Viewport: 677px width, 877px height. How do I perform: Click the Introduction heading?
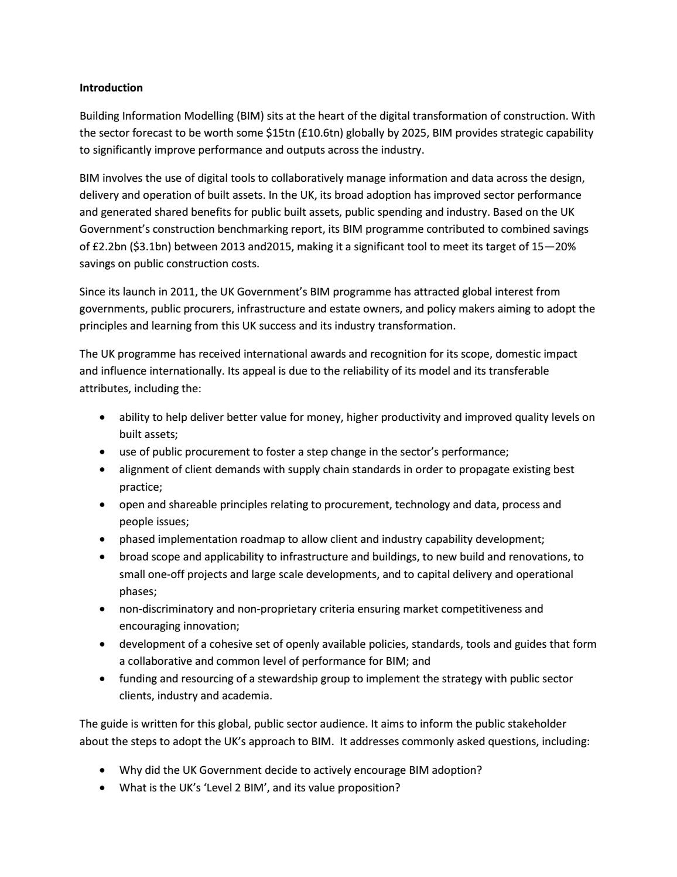pyautogui.click(x=111, y=88)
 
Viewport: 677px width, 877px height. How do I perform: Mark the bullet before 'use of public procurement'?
pyautogui.click(x=103, y=453)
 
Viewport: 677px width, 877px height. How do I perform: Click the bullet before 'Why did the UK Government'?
pyautogui.click(x=103, y=771)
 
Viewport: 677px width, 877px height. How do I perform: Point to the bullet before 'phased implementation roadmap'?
pyautogui.click(x=103, y=540)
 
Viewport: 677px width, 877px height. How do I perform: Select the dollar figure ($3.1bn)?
pyautogui.click(x=156, y=247)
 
